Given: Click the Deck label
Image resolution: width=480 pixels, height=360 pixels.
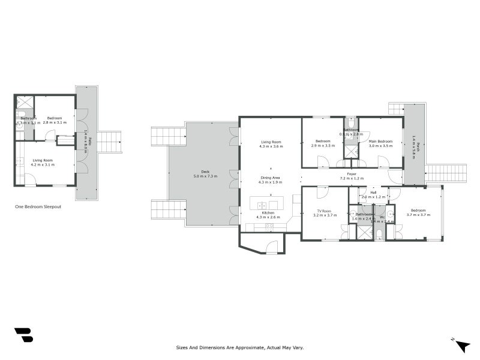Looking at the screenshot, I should coord(205,171).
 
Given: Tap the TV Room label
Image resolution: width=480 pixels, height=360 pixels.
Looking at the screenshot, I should coord(324,211).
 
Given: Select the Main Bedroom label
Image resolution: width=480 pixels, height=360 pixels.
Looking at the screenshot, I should coord(380,140).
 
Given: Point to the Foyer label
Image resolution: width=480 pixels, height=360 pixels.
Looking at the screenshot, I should coord(352,173).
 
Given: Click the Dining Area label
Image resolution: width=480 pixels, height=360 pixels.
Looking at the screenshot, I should coord(270,177).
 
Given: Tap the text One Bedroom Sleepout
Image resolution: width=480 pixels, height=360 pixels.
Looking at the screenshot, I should coord(38,206).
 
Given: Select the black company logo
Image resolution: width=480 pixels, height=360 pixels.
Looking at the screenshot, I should coord(23,335).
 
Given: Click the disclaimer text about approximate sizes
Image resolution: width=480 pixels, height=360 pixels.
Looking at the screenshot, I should coord(240,347).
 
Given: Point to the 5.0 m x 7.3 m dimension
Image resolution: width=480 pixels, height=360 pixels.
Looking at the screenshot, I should coord(205,176).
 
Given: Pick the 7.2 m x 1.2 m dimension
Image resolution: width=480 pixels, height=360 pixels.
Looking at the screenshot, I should coord(352,178).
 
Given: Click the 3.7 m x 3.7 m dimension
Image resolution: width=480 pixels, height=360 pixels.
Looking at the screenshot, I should coord(418,215).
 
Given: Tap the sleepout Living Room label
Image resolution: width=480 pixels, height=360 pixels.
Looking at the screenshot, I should coord(43,160).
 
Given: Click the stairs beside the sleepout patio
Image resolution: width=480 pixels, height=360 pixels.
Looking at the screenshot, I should coord(109,142).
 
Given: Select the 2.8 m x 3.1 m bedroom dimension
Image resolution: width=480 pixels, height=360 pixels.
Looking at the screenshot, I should coord(55,122).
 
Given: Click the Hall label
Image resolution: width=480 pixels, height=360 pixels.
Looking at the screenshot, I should coord(373,192).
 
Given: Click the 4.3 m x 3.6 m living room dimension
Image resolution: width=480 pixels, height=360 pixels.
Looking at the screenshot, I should coord(270,146).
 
